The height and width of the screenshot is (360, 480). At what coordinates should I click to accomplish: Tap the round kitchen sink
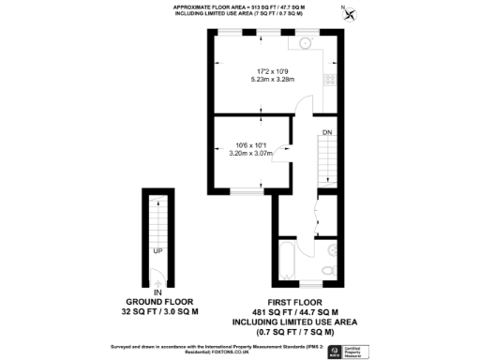point(306,43)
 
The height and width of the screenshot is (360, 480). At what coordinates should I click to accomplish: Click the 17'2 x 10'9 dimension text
point(273,71)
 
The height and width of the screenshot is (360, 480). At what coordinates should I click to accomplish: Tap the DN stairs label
point(328,132)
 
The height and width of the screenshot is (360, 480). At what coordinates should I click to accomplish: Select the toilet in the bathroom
point(327,271)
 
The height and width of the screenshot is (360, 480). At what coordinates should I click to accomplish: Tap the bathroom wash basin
point(331,248)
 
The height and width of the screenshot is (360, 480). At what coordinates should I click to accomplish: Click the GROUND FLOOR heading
point(158,302)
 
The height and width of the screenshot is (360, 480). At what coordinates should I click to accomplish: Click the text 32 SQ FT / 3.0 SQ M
point(158,310)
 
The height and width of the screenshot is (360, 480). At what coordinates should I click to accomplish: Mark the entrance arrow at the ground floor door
point(158,281)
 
